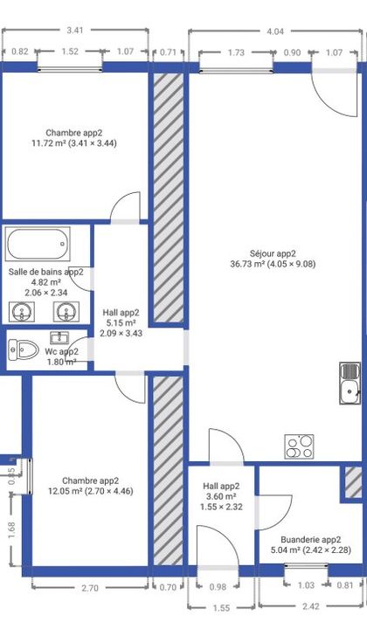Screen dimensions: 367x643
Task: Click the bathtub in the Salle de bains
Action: [x=38, y=244]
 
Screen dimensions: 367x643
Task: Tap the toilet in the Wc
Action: [x=24, y=349]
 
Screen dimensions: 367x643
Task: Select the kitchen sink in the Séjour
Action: [x=350, y=383]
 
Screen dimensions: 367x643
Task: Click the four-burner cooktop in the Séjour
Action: [x=300, y=446]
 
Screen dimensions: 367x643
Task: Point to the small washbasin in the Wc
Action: [x=59, y=337]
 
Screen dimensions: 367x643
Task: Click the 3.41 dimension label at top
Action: [x=74, y=30]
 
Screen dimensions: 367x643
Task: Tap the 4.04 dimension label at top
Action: [x=275, y=31]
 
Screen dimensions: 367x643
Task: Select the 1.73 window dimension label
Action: [x=236, y=52]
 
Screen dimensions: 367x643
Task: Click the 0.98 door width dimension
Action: [x=218, y=587]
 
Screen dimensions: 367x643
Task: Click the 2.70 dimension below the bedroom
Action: [x=90, y=588]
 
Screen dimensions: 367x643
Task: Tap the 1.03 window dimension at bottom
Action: [x=307, y=585]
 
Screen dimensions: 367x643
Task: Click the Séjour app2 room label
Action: [x=274, y=253]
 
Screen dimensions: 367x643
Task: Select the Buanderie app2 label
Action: [x=311, y=540]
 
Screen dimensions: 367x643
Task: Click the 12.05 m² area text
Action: [x=66, y=491]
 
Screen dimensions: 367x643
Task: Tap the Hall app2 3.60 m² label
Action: [x=221, y=491]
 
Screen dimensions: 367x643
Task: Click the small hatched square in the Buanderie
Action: [x=352, y=482]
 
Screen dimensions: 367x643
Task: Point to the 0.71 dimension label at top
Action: [x=168, y=52]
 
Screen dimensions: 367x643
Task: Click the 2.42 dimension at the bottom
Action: [x=311, y=606]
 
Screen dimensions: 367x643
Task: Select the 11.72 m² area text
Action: [x=49, y=143]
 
